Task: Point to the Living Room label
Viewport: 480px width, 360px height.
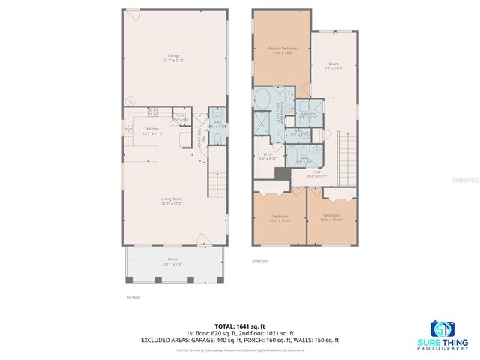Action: click(172, 200)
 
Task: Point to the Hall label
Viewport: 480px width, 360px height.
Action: click(317, 173)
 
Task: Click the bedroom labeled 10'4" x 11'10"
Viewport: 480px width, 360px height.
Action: click(331, 217)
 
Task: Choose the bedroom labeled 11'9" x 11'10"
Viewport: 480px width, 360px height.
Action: click(279, 217)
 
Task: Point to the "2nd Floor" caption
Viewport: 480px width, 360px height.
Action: click(259, 261)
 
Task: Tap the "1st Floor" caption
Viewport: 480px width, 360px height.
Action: click(133, 297)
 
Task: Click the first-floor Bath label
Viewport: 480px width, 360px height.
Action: click(217, 123)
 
